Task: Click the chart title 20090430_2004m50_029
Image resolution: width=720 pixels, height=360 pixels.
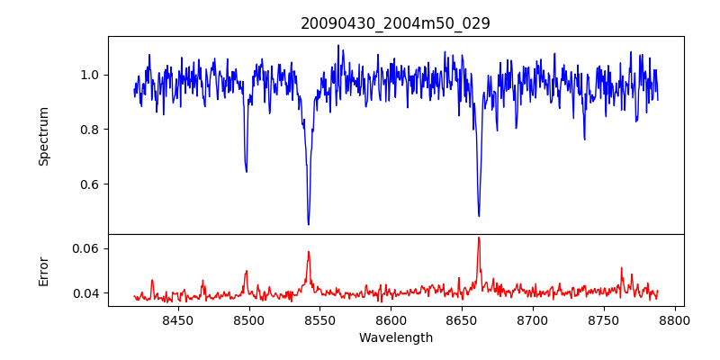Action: click(395, 23)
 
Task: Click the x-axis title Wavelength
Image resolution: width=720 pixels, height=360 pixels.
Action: click(395, 337)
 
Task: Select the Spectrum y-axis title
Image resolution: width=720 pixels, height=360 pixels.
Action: click(43, 136)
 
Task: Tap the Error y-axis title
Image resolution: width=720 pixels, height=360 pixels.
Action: click(43, 270)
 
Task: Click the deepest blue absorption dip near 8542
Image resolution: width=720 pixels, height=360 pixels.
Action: click(309, 224)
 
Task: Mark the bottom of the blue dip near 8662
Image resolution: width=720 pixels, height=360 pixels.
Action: click(479, 216)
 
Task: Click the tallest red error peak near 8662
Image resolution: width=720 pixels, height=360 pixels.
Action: click(479, 238)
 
